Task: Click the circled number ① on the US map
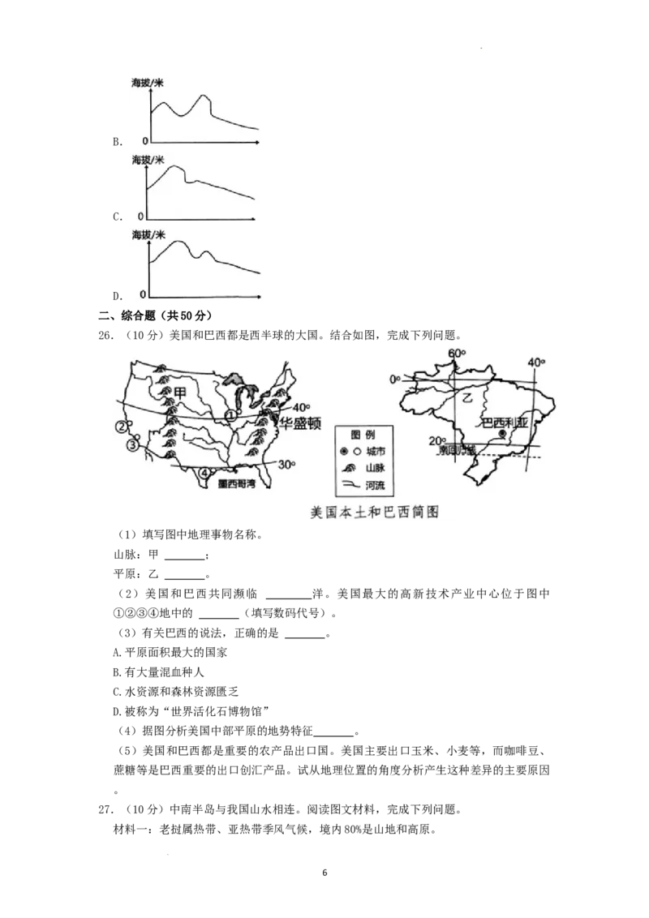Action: [x=230, y=415]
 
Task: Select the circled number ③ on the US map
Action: [x=132, y=444]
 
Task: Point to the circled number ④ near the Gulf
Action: [x=205, y=473]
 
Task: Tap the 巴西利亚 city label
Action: [x=505, y=423]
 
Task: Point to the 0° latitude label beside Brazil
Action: [x=395, y=380]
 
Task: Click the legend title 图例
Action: [x=364, y=434]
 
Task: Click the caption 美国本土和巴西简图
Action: [x=375, y=513]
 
